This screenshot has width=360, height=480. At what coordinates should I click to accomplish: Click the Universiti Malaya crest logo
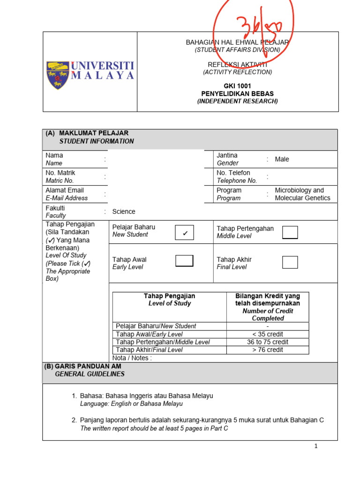58,75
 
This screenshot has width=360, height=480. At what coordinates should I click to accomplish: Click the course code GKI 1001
237,86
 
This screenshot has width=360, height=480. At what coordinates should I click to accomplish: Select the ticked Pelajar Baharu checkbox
184,232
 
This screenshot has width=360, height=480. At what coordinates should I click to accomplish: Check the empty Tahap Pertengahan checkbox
290,232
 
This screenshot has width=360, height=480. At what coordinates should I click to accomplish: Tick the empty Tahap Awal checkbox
184,261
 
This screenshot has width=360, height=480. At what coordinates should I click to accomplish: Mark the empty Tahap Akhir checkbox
290,262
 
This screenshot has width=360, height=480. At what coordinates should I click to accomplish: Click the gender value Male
282,159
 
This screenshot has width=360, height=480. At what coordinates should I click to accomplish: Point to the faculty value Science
124,211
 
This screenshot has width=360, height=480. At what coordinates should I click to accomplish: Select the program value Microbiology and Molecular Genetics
302,194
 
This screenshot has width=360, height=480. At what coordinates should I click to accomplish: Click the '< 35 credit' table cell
268,334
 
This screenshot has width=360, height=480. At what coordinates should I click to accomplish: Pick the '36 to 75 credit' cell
268,342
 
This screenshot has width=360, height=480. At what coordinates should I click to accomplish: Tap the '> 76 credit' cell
268,350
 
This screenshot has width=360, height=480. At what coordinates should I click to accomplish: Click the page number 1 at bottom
316,446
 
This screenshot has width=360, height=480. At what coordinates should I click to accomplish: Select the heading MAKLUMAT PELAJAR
100,133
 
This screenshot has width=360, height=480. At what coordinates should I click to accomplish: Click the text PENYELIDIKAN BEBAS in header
237,93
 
